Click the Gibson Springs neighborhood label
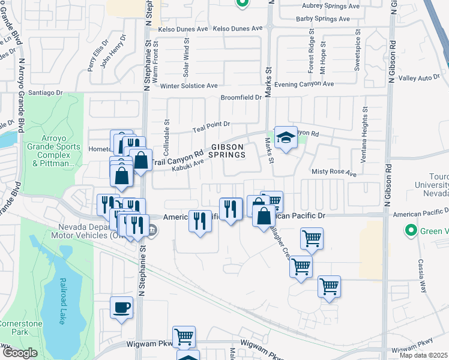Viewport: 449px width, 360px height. click(x=228, y=151)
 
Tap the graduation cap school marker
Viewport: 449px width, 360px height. click(x=286, y=138)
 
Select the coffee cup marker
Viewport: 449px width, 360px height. click(x=122, y=308)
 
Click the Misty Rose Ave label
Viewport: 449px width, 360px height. click(x=334, y=172)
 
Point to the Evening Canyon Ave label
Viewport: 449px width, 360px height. click(x=304, y=85)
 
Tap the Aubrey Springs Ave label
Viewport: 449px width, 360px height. click(x=330, y=7)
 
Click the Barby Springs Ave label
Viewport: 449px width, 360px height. click(x=322, y=19)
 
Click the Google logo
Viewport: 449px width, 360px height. click(x=20, y=353)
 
